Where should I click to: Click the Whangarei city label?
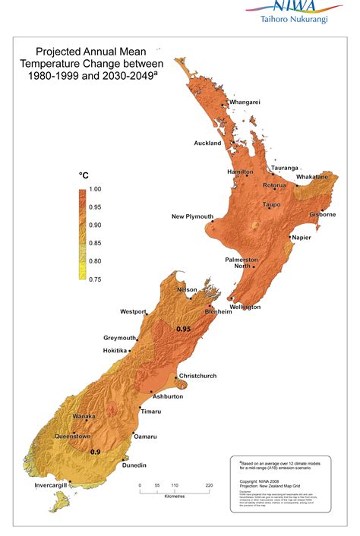245,102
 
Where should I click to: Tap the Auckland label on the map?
207,143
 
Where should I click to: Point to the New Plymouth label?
192,217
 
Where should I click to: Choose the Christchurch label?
198,376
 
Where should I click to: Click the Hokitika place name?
115,350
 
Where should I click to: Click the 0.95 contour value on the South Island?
183,329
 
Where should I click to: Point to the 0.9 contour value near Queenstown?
96,452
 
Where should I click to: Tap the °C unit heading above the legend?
84,175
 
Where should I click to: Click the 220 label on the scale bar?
208,485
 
